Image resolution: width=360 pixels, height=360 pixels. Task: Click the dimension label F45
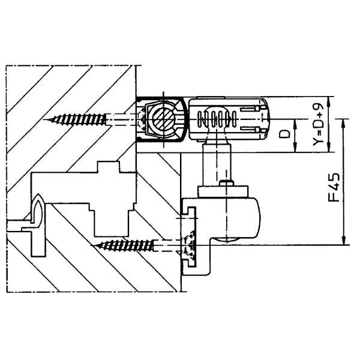(x=334, y=187)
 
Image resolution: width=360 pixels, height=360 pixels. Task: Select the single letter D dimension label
(x=284, y=134)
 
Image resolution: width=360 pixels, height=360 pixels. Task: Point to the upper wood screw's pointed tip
(x=44, y=119)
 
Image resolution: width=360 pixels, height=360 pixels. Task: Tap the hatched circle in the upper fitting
(x=163, y=119)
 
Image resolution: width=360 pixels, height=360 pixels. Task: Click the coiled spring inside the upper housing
(x=217, y=119)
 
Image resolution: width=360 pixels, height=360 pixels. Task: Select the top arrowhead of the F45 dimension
(x=343, y=123)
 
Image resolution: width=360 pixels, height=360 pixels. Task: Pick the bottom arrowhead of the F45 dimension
(x=343, y=241)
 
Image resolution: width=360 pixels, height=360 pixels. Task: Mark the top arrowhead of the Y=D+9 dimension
(x=329, y=101)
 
